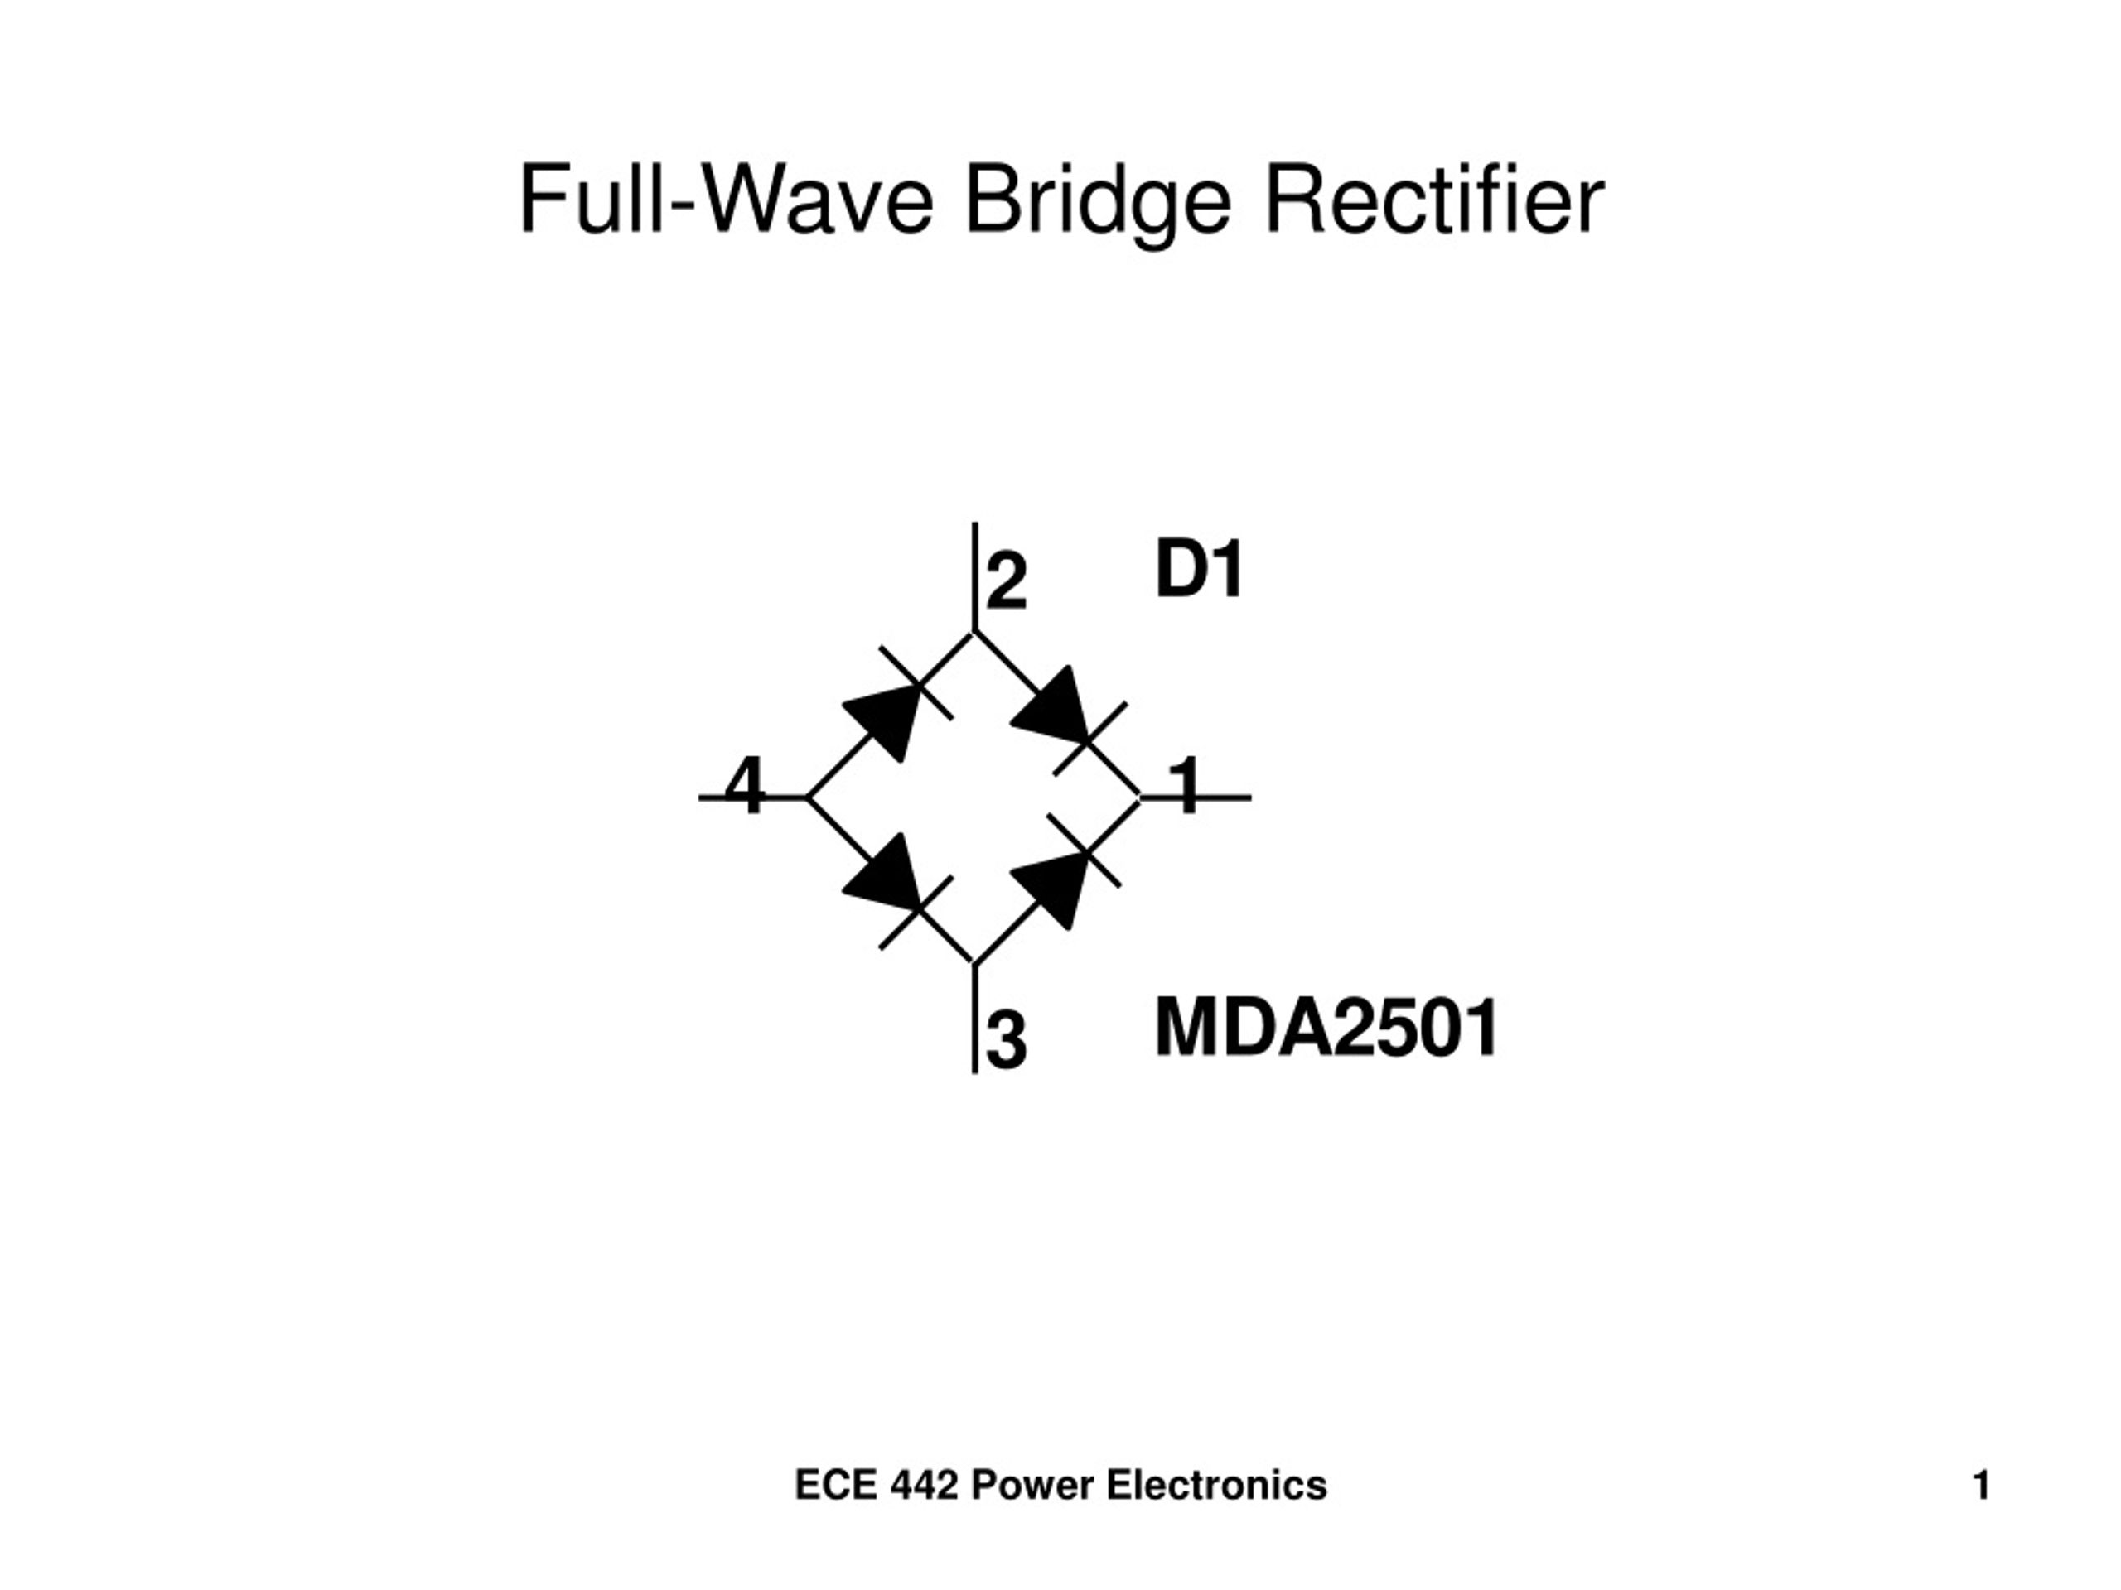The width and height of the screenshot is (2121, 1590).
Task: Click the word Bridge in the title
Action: tap(1097, 200)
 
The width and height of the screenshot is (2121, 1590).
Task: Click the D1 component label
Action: tap(1199, 571)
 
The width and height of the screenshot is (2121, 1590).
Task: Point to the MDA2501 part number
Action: tap(1326, 1029)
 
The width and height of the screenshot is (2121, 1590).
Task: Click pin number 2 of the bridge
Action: tap(1006, 581)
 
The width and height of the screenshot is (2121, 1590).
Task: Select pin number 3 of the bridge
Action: tap(1006, 1041)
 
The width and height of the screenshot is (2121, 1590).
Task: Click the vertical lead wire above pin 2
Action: tap(975, 575)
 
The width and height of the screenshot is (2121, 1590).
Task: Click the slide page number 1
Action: tap(1981, 1486)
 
